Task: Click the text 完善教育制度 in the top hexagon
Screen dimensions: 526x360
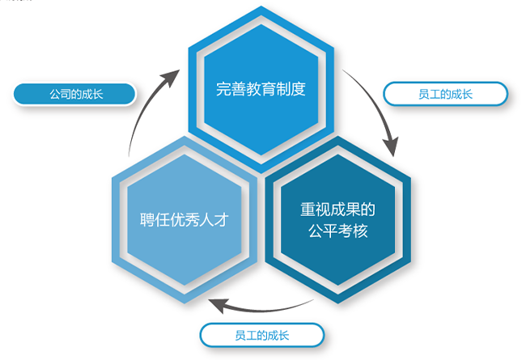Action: (x=261, y=89)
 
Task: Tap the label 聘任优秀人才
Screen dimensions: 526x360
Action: (x=185, y=220)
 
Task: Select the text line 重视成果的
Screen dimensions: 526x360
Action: (x=337, y=210)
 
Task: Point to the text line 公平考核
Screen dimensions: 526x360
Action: (x=337, y=231)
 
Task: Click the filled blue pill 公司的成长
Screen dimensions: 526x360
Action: (x=74, y=94)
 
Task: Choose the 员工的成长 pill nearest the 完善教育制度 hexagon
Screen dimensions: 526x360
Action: (x=446, y=94)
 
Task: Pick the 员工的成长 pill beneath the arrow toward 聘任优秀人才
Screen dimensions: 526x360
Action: (x=262, y=335)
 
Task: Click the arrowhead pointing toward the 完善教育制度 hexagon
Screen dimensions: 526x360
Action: (x=171, y=78)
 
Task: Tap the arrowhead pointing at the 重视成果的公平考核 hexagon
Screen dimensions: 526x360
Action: (x=391, y=146)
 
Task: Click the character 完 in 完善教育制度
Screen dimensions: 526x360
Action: (x=223, y=89)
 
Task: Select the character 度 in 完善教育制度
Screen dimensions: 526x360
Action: (x=299, y=89)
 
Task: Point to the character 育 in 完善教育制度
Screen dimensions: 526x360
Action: (x=268, y=89)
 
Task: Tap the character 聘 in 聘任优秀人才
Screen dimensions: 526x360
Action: (x=147, y=220)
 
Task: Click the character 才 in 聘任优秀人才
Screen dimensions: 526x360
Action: (x=222, y=220)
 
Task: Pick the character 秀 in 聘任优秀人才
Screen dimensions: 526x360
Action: (x=192, y=220)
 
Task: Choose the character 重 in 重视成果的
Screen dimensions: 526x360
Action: (x=308, y=210)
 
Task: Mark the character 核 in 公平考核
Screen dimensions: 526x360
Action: (x=361, y=231)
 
